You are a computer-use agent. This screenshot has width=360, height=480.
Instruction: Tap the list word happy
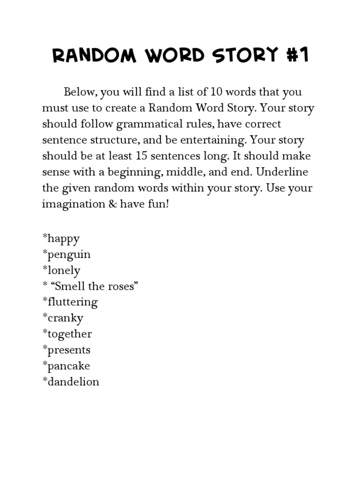pos(63,239)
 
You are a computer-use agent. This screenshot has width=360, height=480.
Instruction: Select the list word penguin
pos(68,255)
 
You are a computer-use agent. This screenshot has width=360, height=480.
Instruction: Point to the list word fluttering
pos(72,302)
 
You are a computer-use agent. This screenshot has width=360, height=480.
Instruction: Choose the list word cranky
pos(65,318)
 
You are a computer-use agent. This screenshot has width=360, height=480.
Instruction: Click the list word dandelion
pos(73,382)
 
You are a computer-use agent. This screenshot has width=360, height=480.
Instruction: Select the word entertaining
pos(217,140)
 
